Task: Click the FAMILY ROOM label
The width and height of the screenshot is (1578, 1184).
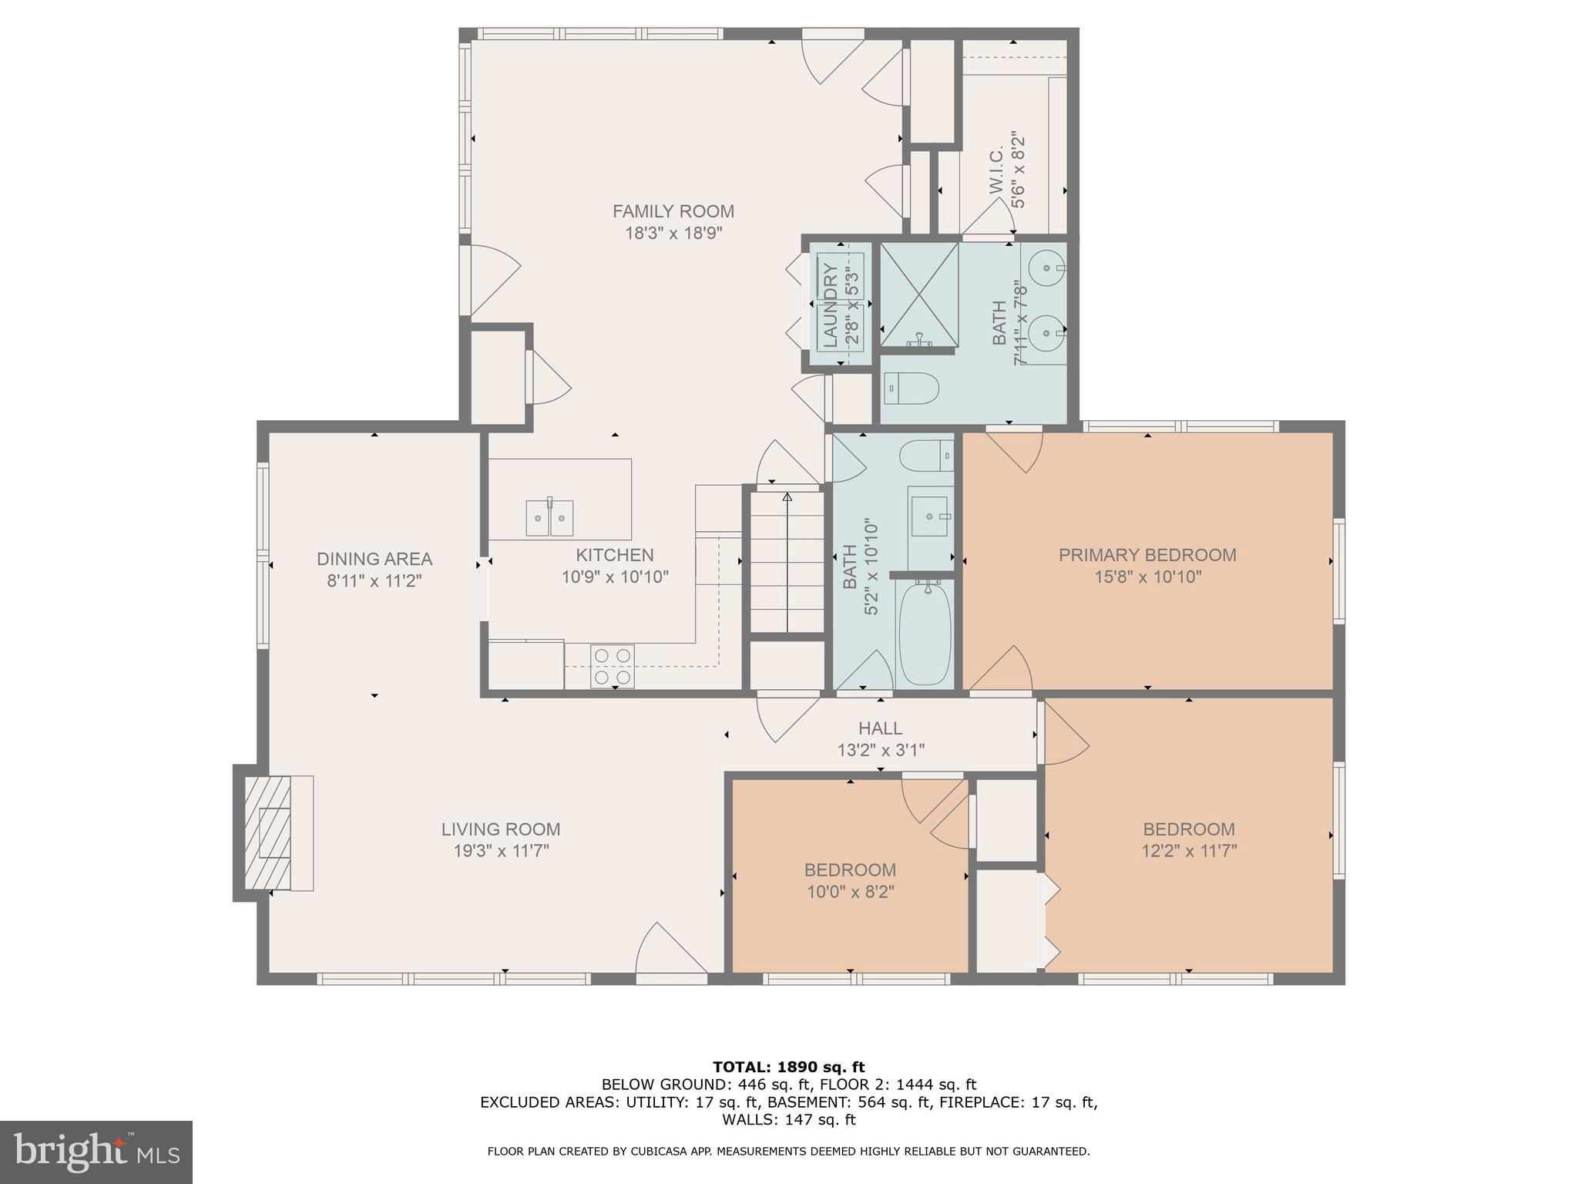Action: click(673, 211)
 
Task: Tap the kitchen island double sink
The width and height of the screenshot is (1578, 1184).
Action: click(549, 517)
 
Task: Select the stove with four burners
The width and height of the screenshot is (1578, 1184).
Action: click(613, 667)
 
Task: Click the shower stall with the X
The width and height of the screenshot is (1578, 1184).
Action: click(918, 294)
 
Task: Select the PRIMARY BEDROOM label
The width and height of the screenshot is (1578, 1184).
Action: click(1147, 555)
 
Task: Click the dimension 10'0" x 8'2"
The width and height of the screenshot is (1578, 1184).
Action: click(850, 892)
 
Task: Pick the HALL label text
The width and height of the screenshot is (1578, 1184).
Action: click(880, 728)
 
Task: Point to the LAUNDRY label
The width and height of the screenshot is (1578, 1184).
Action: click(830, 304)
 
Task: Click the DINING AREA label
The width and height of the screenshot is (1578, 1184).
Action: click(374, 559)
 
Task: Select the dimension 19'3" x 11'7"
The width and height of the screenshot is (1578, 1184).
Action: click(501, 851)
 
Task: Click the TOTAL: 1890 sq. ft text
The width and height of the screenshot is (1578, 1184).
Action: click(788, 1068)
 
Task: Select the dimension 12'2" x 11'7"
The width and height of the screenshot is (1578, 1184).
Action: click(1188, 851)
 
